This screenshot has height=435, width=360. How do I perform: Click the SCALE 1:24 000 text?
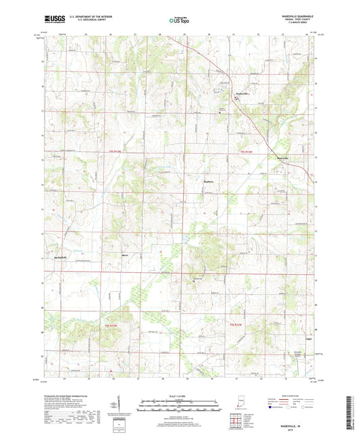(179, 395)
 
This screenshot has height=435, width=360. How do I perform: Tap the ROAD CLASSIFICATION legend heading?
(291, 395)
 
